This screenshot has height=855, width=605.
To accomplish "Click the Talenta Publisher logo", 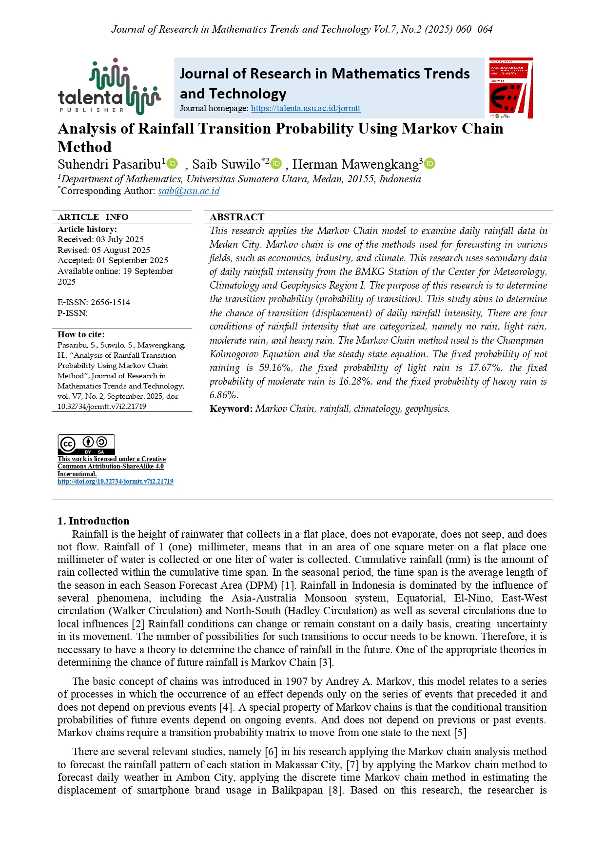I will tap(109, 87).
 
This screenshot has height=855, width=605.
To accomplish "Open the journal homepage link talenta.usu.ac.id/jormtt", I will tap(306, 108).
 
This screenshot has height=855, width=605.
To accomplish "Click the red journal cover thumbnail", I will tap(510, 88).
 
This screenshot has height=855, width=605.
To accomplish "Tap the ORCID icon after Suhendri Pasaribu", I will tap(173, 164).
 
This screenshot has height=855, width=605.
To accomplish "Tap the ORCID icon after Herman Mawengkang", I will tap(429, 164).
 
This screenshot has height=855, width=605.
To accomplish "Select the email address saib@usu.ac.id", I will tap(189, 191).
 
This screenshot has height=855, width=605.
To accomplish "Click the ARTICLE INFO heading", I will tap(93, 217).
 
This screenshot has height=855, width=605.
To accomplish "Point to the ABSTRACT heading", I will tap(237, 217).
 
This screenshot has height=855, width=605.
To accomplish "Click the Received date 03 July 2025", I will tap(120, 239).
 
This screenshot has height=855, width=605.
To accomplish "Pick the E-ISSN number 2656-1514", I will tap(110, 302).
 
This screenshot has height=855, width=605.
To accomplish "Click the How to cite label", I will tap(81, 334).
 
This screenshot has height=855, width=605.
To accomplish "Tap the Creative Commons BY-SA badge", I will tap(86, 445).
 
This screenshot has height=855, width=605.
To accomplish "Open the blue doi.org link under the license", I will tap(116, 481).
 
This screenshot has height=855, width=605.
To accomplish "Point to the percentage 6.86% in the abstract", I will tap(224, 395).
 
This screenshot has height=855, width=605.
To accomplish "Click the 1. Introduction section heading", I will tap(94, 521).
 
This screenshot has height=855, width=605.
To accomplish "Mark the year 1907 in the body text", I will tap(296, 681).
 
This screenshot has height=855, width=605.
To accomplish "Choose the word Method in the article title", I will tap(85, 147).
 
